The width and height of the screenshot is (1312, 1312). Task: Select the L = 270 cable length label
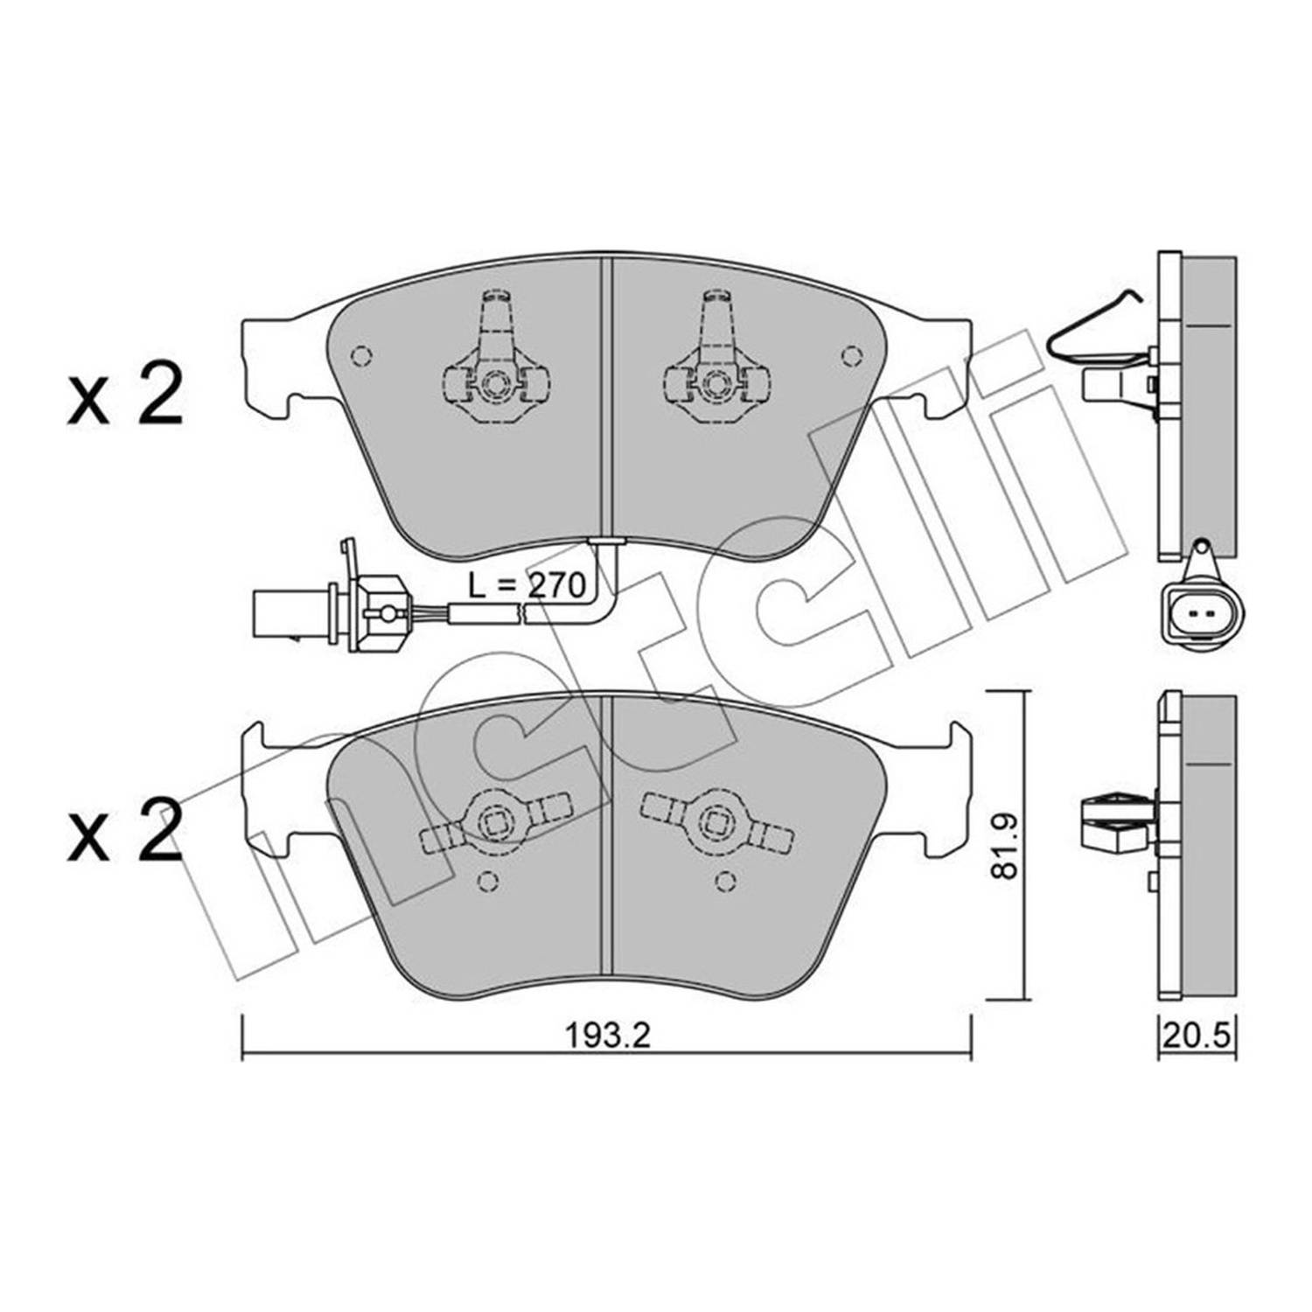[526, 585]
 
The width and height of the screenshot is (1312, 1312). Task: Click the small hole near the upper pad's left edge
[360, 356]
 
